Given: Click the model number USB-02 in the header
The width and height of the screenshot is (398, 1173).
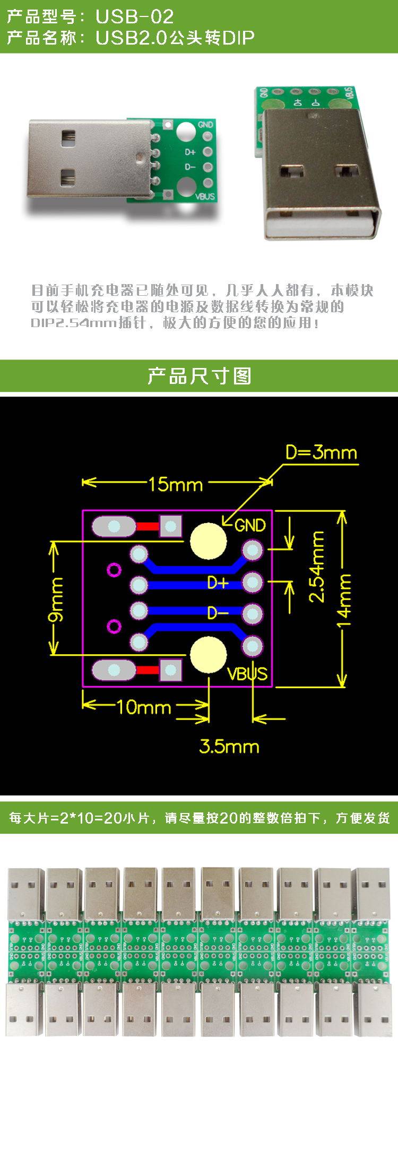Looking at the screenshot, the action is [x=134, y=17].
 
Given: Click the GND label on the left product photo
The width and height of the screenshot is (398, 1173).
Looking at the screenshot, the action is [x=205, y=125].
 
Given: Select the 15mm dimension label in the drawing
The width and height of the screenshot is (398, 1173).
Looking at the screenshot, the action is [x=175, y=484].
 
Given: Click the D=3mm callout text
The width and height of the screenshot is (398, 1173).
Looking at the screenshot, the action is [x=321, y=452].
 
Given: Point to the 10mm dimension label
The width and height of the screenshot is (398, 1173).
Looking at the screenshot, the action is [x=144, y=707].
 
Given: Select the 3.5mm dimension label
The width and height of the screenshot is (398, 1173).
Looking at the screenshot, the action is [x=229, y=747].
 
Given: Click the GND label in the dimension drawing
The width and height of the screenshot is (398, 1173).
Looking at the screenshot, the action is [x=250, y=525].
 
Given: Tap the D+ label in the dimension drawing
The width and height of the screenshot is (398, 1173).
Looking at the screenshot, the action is [x=218, y=583].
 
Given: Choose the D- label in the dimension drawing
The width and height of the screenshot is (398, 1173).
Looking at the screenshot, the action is [x=218, y=613].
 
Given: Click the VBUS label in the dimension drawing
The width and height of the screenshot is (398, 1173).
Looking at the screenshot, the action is [x=247, y=674].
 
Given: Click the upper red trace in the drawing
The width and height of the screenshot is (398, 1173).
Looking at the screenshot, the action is [x=148, y=526].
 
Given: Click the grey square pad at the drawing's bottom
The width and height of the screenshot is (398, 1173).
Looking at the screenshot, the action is [x=171, y=670].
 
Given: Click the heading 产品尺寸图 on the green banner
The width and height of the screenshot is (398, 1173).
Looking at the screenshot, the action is [x=199, y=376].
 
